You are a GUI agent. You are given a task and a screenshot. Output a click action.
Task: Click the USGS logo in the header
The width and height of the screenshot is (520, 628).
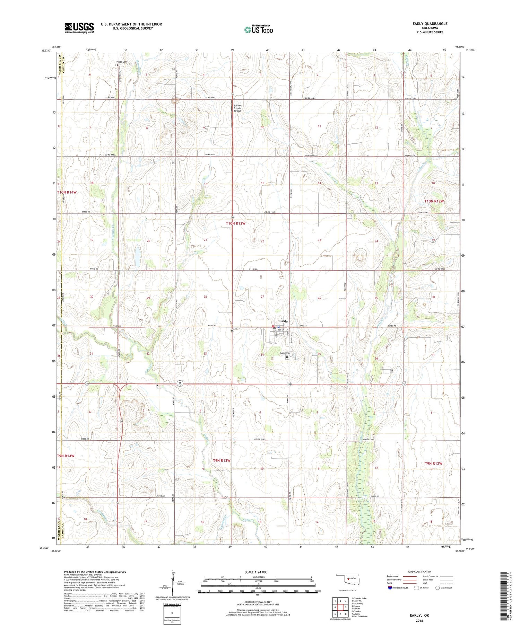79,28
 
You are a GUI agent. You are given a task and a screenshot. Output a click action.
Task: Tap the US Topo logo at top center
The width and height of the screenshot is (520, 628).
258,30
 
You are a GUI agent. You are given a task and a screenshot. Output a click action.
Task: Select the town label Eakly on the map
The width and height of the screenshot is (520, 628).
283,321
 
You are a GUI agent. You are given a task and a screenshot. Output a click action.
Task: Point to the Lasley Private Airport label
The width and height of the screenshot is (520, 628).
237,108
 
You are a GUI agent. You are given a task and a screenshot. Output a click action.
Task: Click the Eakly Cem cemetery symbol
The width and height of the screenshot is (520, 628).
287,357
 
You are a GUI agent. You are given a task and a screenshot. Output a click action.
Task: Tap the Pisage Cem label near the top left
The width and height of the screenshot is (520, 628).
122,62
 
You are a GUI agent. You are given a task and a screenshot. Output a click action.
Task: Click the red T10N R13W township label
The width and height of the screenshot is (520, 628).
235,223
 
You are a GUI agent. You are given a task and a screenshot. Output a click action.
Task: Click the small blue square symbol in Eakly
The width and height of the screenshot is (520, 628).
278,327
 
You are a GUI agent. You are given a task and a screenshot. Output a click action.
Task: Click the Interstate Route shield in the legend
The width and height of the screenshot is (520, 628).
390,587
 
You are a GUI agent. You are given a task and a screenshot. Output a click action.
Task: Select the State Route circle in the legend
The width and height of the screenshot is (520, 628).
438,587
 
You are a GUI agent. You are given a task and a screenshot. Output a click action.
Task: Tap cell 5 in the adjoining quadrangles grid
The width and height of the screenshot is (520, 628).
346,607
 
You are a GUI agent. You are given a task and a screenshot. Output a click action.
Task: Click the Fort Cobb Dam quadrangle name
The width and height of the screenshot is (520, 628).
360,617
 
